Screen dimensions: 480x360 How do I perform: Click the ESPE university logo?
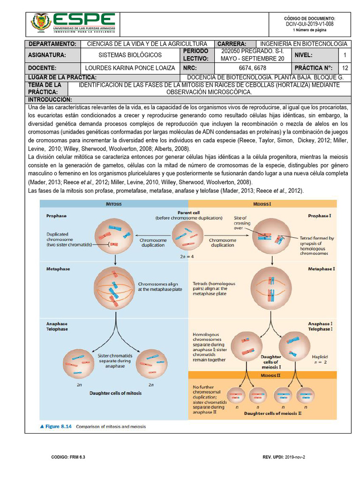[x=73, y=22]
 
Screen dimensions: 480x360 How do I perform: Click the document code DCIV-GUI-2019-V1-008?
[x=310, y=23]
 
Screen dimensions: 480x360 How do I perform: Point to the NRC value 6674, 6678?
[x=252, y=68]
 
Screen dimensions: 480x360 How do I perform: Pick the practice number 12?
[x=345, y=68]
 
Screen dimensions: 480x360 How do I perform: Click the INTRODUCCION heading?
[x=50, y=100]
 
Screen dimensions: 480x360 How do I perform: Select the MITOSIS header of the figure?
[x=113, y=204]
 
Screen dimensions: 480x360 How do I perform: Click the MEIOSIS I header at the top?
[x=262, y=204]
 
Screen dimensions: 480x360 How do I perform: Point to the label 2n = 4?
[x=187, y=256]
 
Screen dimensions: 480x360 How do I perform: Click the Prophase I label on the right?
[x=320, y=216]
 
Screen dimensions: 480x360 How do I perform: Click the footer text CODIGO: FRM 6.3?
[x=68, y=457]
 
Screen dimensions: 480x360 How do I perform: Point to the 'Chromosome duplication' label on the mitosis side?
[x=153, y=242]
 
